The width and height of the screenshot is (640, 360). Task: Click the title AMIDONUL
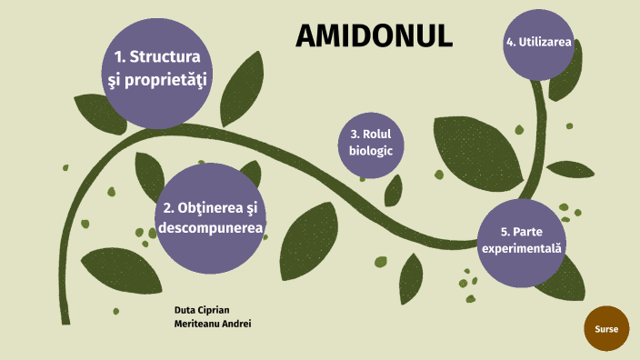(375, 35)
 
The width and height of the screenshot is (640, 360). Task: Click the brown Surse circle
(606, 329)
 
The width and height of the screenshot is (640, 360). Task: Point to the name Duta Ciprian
(201, 310)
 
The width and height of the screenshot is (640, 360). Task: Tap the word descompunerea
(211, 228)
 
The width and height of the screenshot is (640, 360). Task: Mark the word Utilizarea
(545, 43)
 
